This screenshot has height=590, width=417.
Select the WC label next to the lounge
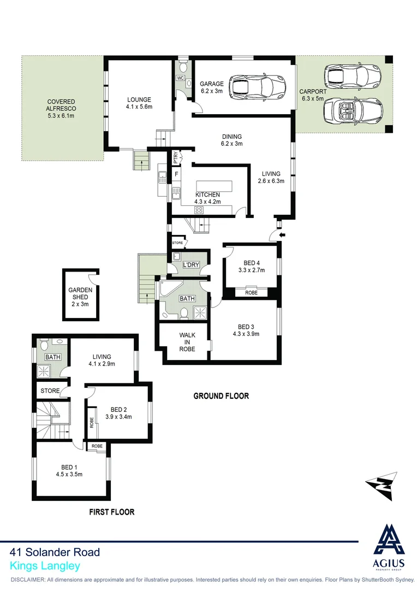pyautogui.click(x=180, y=78)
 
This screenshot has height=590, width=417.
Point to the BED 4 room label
pyautogui.click(x=251, y=262)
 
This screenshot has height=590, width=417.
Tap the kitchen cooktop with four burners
pyautogui.click(x=199, y=209)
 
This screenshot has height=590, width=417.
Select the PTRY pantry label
pyautogui.click(x=175, y=157)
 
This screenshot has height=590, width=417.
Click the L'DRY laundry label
pyautogui.click(x=191, y=265)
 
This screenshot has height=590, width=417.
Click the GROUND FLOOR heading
pyautogui.click(x=221, y=396)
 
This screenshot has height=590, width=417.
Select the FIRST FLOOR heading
pyautogui.click(x=111, y=512)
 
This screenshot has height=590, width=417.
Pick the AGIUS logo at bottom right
pyautogui.click(x=390, y=547)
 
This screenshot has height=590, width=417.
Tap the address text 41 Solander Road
pyautogui.click(x=55, y=553)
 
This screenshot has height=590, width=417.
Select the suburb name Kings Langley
pyautogui.click(x=45, y=567)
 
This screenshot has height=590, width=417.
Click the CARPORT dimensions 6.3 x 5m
pyautogui.click(x=313, y=99)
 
